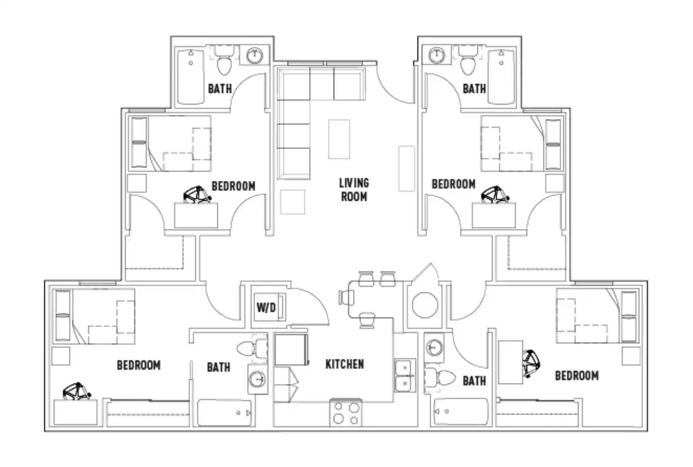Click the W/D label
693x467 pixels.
266,308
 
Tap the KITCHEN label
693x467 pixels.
344,364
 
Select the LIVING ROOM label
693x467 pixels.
354,190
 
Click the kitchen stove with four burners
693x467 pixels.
345,413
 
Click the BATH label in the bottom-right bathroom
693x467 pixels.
474,381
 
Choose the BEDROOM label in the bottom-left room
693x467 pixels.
138,365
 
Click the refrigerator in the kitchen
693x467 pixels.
290,349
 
